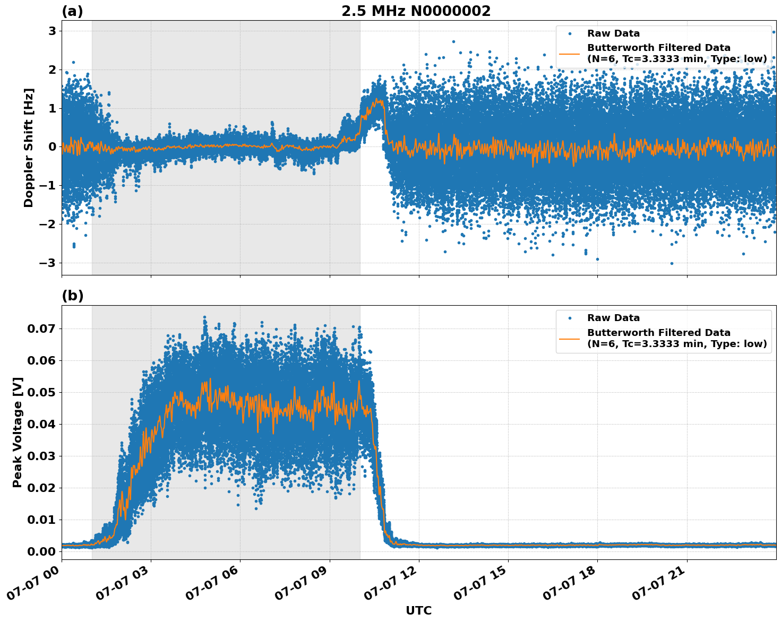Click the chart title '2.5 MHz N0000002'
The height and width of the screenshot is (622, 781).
pyautogui.click(x=416, y=11)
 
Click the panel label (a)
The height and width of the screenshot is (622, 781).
pyautogui.click(x=72, y=11)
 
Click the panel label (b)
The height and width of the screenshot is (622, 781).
pyautogui.click(x=72, y=296)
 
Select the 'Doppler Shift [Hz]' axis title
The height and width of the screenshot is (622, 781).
pyautogui.click(x=29, y=148)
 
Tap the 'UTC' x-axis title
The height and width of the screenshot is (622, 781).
pyautogui.click(x=418, y=610)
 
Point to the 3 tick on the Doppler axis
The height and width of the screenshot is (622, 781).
pyautogui.click(x=52, y=31)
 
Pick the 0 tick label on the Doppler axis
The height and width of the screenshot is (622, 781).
pyautogui.click(x=52, y=147)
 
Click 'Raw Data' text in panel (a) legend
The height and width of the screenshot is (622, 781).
pyautogui.click(x=613, y=33)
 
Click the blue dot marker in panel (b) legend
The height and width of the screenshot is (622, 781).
pyautogui.click(x=570, y=318)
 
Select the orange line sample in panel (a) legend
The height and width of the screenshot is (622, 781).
pyautogui.click(x=570, y=54)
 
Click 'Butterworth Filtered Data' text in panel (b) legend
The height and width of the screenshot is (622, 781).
pyautogui.click(x=658, y=333)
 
